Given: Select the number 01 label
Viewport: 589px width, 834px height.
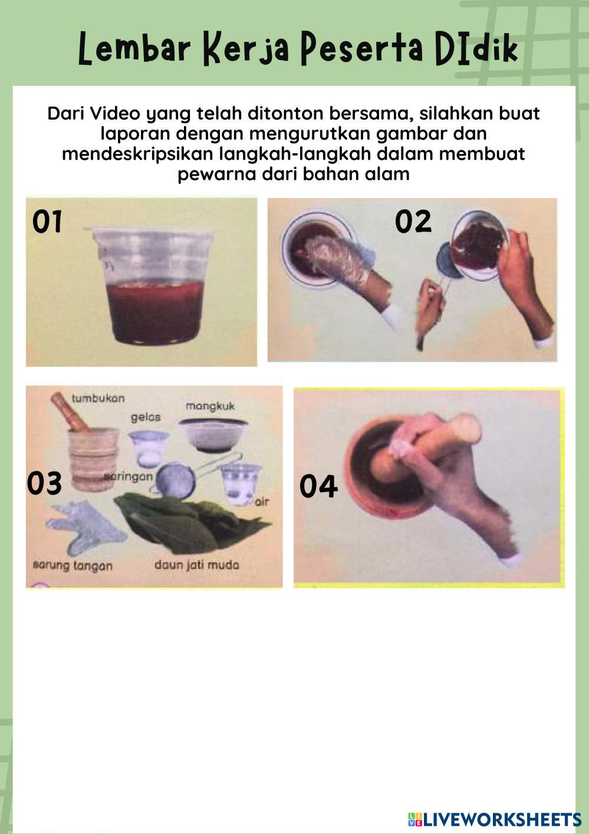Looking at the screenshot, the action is tap(47, 222).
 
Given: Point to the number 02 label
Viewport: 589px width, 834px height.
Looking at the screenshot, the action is tap(413, 221).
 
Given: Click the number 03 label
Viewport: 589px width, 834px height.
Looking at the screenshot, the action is tap(44, 483).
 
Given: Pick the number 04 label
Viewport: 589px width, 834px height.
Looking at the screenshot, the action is tap(318, 486).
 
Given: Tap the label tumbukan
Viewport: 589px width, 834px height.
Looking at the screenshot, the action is tap(98, 398).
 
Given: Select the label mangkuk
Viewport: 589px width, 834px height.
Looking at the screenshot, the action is tap(210, 406).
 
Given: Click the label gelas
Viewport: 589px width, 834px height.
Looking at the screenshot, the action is tap(146, 418).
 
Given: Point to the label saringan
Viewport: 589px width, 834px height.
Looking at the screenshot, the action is tap(129, 477).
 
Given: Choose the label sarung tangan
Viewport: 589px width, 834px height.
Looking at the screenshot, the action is tap(73, 566).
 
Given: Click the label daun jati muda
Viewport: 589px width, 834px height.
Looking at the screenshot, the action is tap(197, 565).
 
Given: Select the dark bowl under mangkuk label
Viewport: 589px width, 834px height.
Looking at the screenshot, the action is tap(213, 435).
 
